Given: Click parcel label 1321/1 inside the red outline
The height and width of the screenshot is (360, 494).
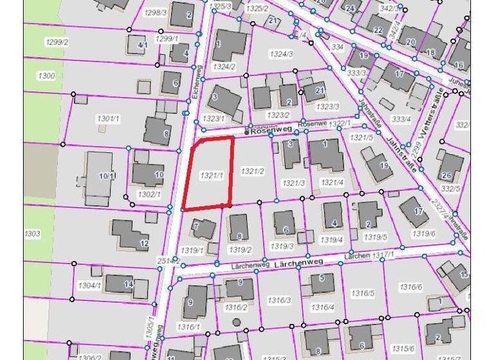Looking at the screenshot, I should tap(211, 175).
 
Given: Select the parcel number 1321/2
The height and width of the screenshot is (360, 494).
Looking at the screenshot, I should tap(252, 171).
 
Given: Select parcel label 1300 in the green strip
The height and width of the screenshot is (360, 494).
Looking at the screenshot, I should tap(47, 76).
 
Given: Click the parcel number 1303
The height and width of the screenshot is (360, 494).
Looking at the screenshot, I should tap(32, 233).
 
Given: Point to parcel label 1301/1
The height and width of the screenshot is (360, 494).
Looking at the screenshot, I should tap(107, 119).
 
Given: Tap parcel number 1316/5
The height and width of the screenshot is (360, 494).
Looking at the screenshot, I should tap(363, 293).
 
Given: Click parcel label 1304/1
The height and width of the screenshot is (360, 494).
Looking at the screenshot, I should tap(89, 285).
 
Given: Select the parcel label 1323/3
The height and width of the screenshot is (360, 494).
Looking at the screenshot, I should tap(328, 106).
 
